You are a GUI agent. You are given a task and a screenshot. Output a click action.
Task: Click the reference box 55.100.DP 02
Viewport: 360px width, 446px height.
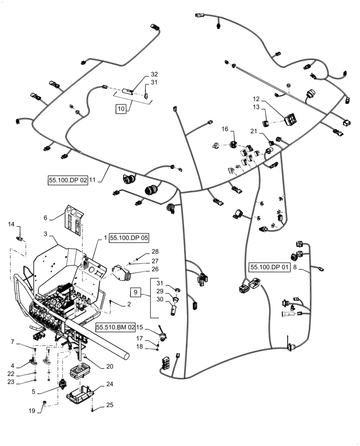tap(68, 180)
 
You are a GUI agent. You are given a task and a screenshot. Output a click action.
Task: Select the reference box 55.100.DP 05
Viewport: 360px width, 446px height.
tap(129, 238)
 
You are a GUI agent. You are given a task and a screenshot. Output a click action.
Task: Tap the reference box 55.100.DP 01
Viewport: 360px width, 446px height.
tap(270, 268)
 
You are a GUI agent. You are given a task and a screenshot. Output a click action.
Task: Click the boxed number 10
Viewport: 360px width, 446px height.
tap(121, 108)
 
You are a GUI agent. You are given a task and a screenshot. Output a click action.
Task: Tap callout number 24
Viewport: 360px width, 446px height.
tap(110, 384)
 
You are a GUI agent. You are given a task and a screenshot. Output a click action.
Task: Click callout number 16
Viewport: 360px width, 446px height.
tap(225, 129)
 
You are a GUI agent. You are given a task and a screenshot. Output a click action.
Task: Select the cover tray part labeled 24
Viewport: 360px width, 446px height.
tap(81, 392)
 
